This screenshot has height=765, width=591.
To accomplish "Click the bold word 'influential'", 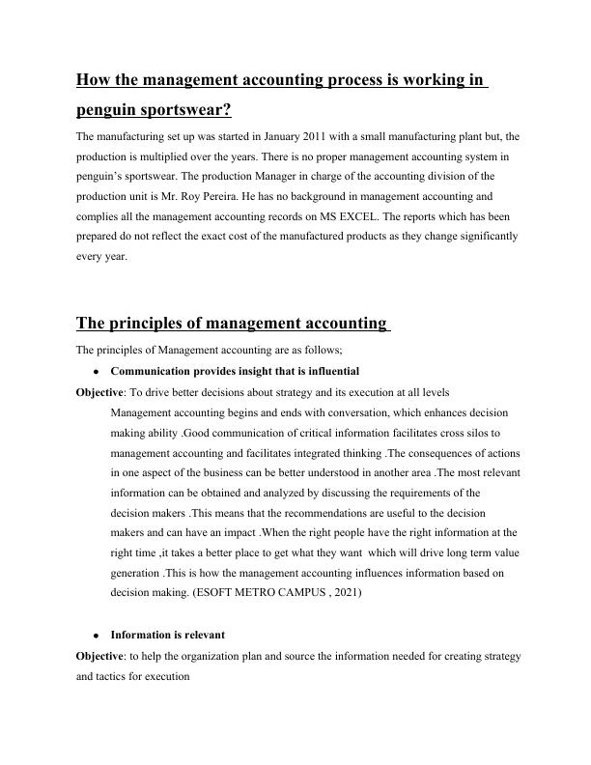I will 328,371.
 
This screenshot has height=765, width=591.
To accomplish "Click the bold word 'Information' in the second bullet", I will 142,635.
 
